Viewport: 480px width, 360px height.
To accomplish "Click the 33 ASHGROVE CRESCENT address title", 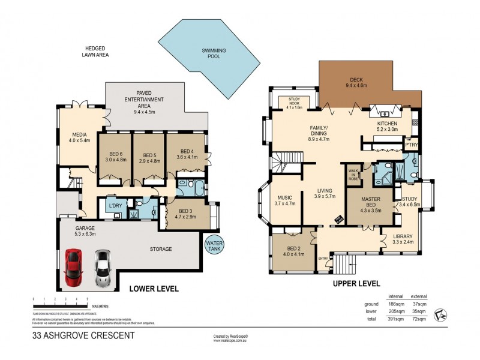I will [x=83, y=336].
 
